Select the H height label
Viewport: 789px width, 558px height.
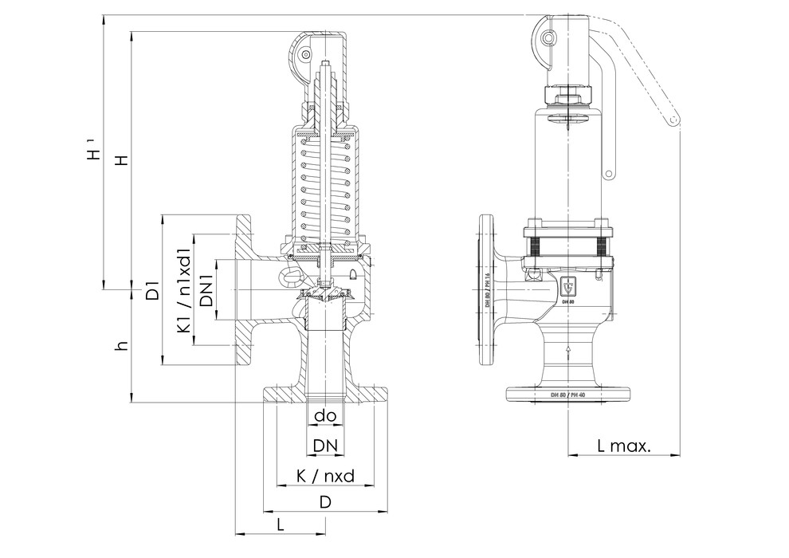(120, 159)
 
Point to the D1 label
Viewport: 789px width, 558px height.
(153, 289)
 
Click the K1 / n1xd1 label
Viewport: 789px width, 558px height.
(183, 289)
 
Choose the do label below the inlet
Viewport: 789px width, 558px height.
(324, 415)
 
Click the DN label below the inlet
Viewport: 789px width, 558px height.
(324, 444)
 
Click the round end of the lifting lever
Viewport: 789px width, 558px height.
(674, 120)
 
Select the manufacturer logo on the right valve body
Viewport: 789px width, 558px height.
(567, 285)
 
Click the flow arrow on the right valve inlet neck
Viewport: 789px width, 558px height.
(567, 348)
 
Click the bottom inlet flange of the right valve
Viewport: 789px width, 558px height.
(567, 394)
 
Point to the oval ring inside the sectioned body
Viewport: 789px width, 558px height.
(291, 277)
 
